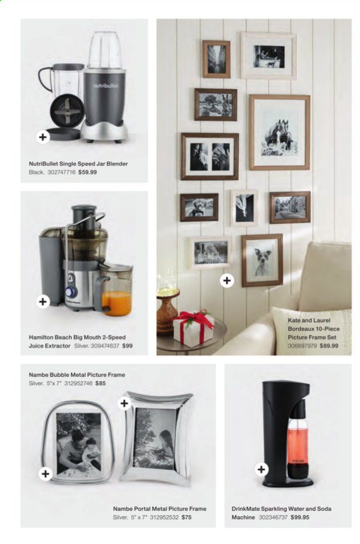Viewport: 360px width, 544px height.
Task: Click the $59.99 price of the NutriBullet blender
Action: pos(88,172)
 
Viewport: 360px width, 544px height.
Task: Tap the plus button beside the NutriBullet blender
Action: pos(43,137)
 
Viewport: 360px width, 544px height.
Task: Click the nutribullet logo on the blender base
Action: pos(105,85)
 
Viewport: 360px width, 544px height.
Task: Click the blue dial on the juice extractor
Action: pos(70,292)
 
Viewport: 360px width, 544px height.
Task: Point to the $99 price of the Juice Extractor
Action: pos(127,345)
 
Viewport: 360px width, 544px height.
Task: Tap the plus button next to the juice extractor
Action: pos(43,302)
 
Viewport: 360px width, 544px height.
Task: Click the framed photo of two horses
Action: pos(279,132)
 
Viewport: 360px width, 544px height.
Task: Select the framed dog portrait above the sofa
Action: pos(262,260)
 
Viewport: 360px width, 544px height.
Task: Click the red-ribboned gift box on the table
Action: pos(193,326)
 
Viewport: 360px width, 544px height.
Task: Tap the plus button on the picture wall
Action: pos(227,280)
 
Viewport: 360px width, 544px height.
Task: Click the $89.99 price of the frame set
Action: pos(329,345)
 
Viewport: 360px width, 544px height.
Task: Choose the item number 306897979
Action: pos(302,345)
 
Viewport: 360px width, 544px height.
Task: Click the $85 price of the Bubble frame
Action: pos(100,383)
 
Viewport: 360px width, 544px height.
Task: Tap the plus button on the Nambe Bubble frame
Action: pos(45,473)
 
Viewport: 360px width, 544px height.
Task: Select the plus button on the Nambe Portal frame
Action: pos(124,403)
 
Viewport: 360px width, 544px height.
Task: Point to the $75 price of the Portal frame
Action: pos(186,517)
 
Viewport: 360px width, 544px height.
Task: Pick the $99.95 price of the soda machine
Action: pos(300,517)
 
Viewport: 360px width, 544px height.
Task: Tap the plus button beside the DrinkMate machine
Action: pos(261,469)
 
